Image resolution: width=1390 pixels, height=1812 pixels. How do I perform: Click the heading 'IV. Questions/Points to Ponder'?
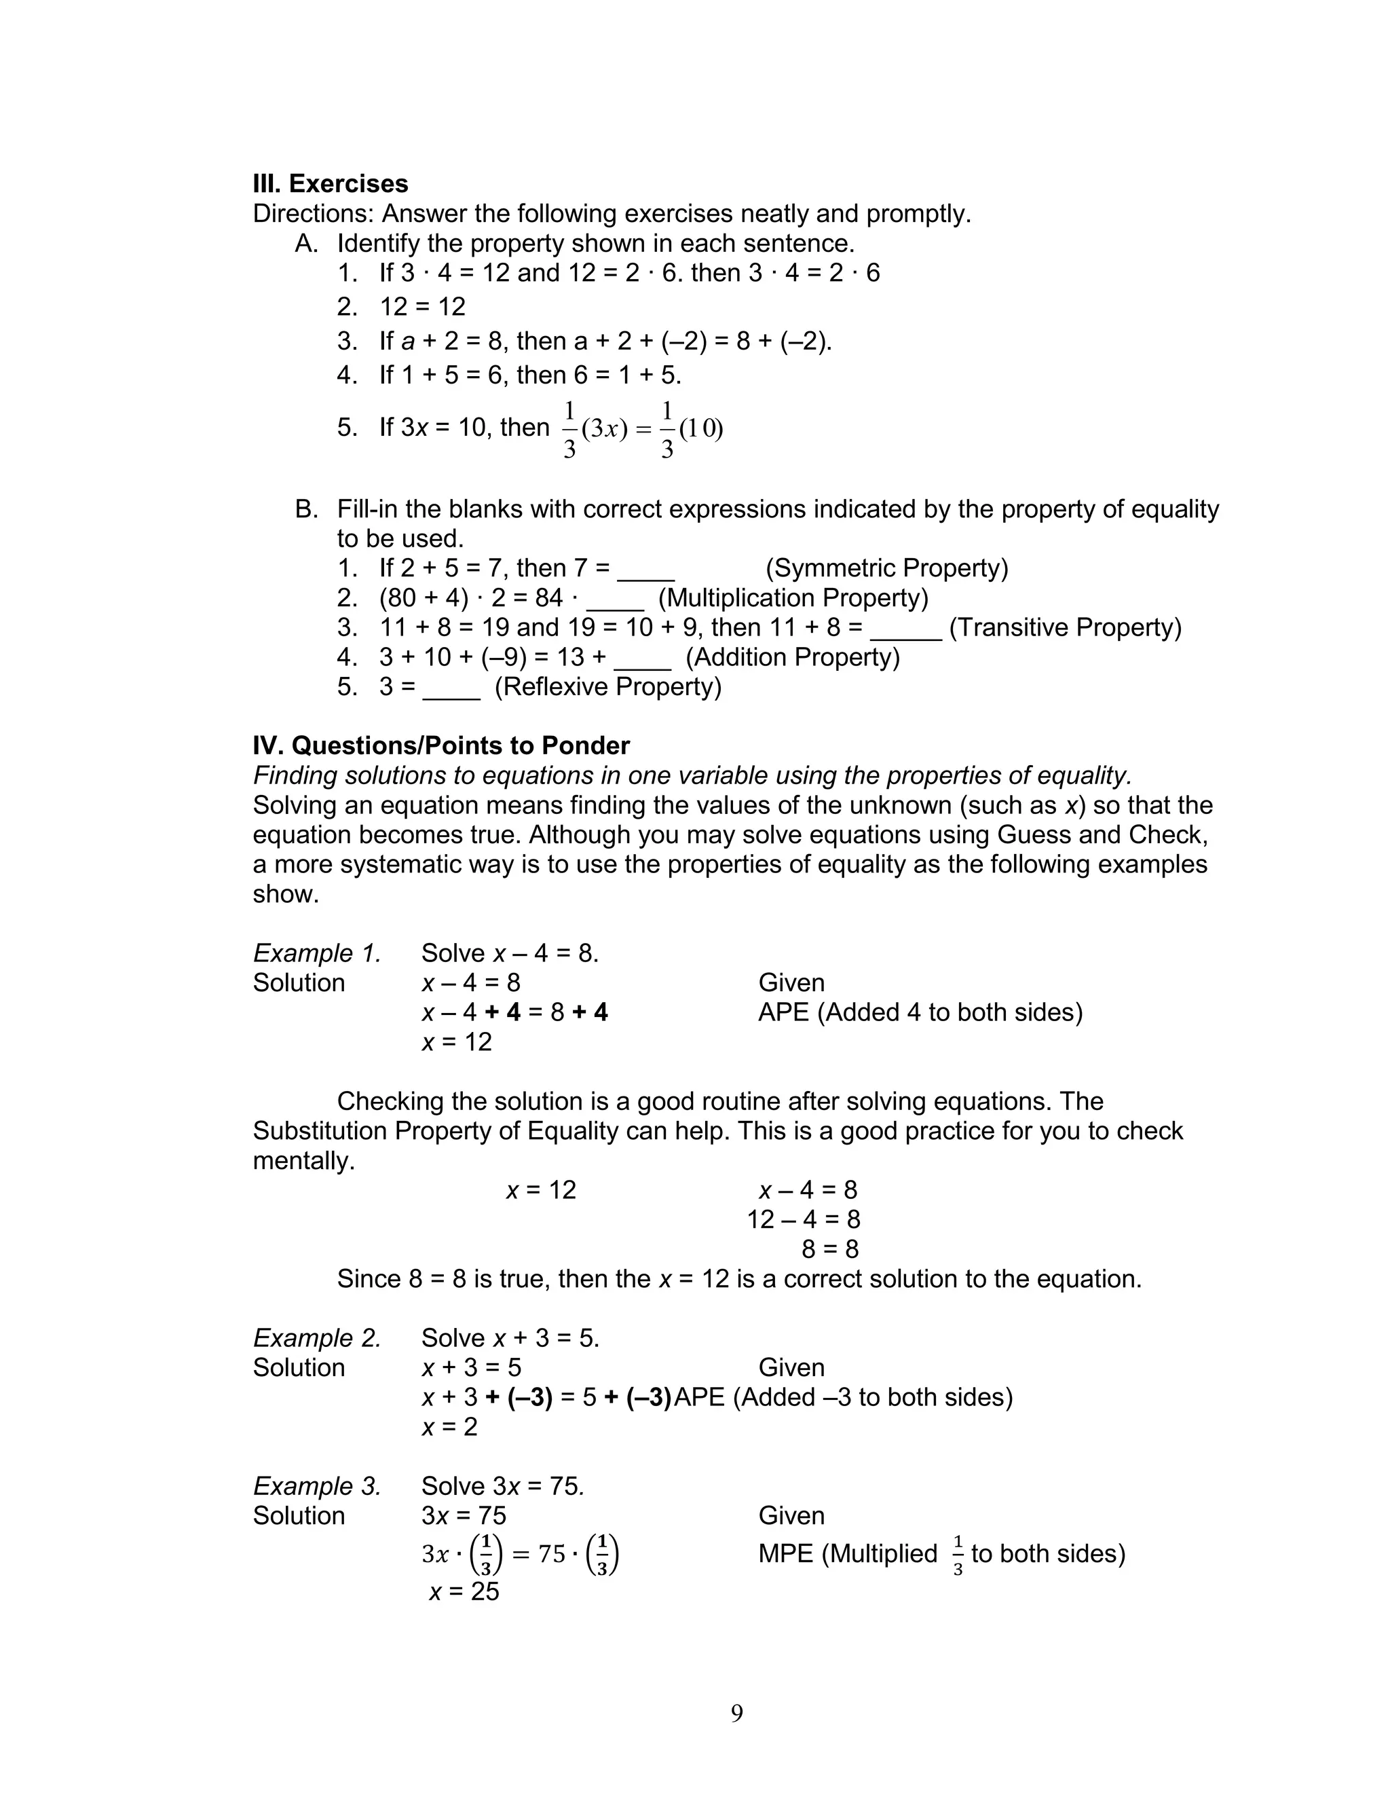point(441,745)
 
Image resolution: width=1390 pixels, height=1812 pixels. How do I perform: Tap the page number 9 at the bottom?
point(736,1713)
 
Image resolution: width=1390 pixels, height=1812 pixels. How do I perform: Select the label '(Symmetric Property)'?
point(886,568)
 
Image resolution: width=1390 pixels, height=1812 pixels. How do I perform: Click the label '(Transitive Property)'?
point(1065,627)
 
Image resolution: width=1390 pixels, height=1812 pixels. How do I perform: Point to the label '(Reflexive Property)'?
point(608,687)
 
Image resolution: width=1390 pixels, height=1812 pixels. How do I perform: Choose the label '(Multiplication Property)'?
point(793,598)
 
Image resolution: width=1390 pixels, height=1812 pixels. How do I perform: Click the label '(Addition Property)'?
point(793,657)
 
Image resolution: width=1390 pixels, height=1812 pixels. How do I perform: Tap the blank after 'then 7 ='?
point(646,571)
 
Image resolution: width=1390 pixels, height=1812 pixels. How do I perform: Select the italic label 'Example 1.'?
point(317,953)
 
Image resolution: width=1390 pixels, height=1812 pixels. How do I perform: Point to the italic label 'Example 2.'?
point(317,1338)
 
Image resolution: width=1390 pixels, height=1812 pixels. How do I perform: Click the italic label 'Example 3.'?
point(317,1486)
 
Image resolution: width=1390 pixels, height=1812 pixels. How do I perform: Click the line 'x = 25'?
point(464,1591)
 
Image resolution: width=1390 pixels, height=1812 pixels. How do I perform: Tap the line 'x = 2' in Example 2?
point(449,1426)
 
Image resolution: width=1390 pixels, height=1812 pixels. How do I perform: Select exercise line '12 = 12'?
point(422,307)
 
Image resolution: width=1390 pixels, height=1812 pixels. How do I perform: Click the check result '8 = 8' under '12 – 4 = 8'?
point(830,1249)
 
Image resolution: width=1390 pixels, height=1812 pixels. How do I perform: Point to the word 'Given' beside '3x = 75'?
point(791,1516)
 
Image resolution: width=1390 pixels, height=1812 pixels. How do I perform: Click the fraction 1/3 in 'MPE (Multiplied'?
point(958,1555)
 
